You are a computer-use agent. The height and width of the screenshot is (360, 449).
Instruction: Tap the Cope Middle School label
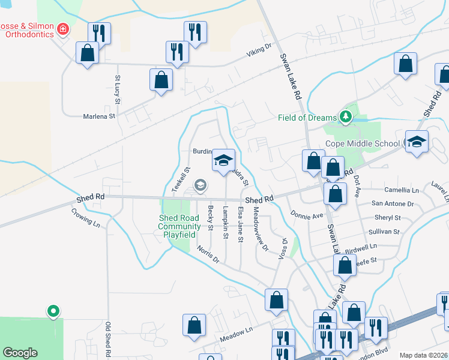[x=362, y=143]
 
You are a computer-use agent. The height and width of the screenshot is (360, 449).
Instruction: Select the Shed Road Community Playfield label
[x=179, y=226]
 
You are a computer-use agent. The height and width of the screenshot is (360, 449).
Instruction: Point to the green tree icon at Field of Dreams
[x=345, y=116]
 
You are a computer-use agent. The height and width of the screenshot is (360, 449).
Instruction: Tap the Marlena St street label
[x=99, y=116]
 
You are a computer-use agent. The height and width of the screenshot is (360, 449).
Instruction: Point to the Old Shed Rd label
[x=109, y=338]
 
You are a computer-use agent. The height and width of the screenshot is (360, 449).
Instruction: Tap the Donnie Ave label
[x=307, y=214]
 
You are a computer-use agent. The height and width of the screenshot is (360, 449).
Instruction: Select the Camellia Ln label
[x=403, y=190]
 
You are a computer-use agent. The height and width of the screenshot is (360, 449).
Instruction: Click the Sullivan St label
[x=384, y=231]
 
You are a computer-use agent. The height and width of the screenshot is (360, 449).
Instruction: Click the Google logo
[x=20, y=352]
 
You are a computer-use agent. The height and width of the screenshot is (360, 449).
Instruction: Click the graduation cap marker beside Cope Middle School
[x=417, y=142]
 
